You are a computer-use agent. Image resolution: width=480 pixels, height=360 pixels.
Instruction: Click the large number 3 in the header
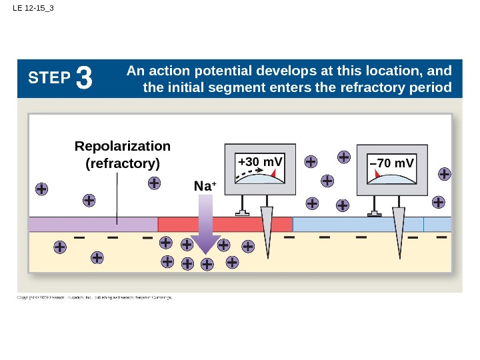coord(84,79)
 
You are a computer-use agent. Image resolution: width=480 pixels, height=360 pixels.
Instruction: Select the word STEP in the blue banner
coord(49,79)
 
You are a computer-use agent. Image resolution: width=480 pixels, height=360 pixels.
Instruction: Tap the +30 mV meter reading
coord(260,163)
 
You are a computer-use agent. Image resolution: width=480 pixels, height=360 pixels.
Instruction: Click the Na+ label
coord(205,187)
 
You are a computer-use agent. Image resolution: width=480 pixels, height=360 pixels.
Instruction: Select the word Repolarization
coord(123,146)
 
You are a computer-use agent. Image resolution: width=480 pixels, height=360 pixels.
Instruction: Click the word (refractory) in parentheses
coord(123,163)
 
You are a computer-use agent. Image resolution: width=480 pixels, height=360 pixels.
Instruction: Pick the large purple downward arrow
coord(207,227)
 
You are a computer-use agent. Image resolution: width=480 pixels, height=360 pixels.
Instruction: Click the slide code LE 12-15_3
coord(33,9)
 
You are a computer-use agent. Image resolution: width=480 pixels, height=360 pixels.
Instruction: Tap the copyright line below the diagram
coord(95,297)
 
